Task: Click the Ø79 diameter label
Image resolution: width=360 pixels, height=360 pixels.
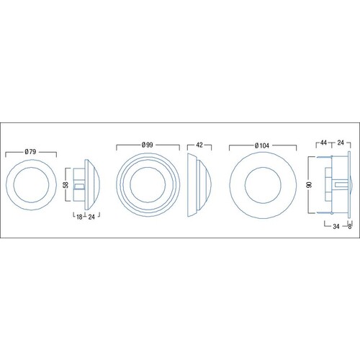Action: [30, 152]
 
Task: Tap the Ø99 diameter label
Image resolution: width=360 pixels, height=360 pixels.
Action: [147, 145]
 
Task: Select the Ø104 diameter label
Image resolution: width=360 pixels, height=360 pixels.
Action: [262, 145]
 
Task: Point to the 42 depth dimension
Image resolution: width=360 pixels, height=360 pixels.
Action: [199, 145]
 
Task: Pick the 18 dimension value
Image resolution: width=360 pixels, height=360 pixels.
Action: [79, 217]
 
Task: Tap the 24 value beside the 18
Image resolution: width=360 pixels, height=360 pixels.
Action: [91, 217]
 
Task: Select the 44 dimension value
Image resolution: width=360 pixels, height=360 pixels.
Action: [324, 143]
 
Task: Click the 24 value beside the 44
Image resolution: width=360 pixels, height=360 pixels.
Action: [341, 143]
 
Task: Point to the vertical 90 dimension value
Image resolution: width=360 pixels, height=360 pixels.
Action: [310, 184]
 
